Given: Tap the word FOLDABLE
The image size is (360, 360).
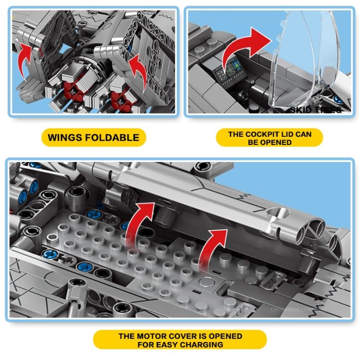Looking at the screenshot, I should point(112,137).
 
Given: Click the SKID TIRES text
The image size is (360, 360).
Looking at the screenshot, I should point(315,110).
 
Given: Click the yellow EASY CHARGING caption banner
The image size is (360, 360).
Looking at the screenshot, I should point(180,340).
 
